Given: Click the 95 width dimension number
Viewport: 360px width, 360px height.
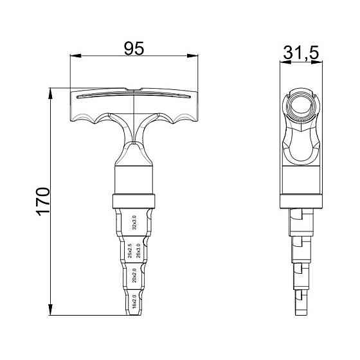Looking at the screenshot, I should coord(133,48).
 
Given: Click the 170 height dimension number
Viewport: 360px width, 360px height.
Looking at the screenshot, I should coord(43,201).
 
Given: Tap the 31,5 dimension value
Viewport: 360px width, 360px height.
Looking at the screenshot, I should coord(302,54).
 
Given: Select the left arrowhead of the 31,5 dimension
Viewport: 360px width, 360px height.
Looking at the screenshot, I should coord(284,63).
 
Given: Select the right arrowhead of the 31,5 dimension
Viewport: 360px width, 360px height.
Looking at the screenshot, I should coord(319,63).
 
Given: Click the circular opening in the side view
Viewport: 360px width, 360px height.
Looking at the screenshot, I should coord(301,104).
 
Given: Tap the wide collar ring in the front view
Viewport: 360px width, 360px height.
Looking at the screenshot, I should coord(134,199).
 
